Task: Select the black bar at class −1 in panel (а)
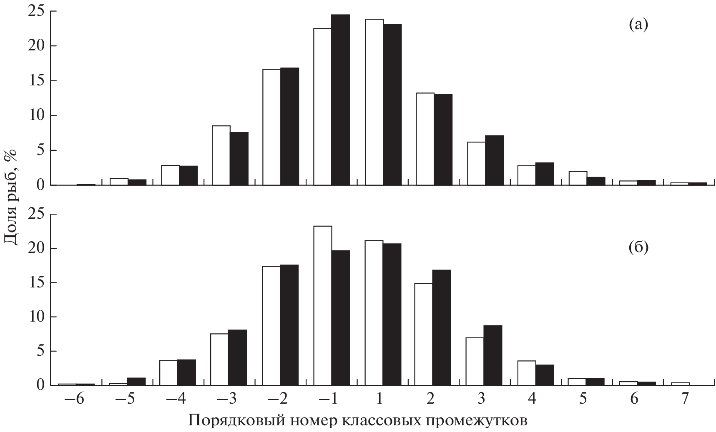click(340, 100)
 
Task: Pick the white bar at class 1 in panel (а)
click(374, 102)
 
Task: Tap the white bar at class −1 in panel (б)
click(323, 306)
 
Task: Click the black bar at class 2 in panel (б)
click(441, 327)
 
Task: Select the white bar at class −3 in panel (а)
click(221, 155)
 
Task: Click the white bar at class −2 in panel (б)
click(271, 326)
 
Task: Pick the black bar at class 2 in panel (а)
click(443, 140)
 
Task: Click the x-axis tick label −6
click(75, 399)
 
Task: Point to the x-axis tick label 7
click(684, 399)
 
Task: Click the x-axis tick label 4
click(532, 399)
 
